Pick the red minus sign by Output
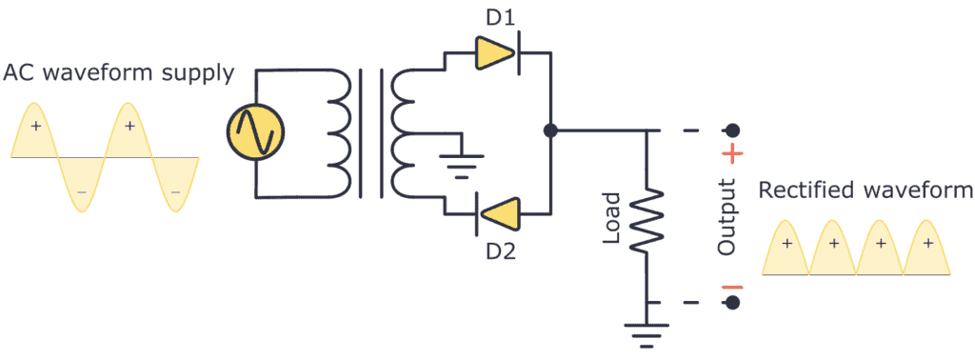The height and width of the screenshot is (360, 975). [735, 287]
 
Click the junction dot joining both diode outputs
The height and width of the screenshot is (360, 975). [549, 130]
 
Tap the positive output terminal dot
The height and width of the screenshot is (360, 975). [732, 130]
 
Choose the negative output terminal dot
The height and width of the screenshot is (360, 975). [732, 303]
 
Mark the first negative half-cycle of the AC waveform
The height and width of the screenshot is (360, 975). [82, 181]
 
